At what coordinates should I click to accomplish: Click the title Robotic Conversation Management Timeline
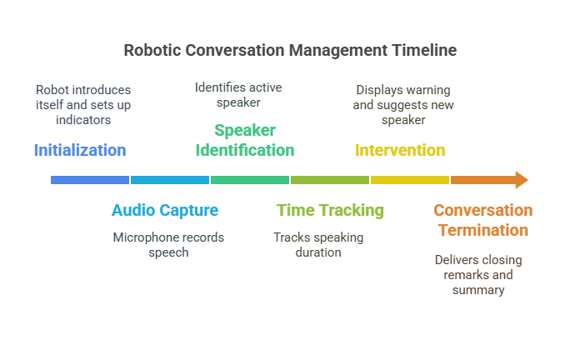[290, 50]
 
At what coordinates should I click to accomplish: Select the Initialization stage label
[80, 151]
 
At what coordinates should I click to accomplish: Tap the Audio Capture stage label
[165, 210]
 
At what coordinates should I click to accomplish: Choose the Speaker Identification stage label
[244, 140]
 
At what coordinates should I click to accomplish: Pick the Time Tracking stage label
[330, 210]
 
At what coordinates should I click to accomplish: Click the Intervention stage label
[400, 151]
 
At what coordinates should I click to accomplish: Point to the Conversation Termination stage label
[482, 220]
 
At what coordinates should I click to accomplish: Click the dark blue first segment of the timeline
[90, 179]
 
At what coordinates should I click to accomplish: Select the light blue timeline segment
[170, 179]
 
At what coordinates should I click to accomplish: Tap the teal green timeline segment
[250, 179]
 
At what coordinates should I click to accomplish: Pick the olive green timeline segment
[330, 179]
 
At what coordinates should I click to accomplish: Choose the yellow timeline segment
[410, 179]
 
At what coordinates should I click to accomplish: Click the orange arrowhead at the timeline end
[522, 179]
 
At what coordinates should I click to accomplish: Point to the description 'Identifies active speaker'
[227, 94]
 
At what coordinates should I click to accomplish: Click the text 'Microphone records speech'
[168, 245]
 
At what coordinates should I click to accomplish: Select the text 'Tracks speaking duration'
[318, 245]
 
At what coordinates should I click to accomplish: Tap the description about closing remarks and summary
[478, 275]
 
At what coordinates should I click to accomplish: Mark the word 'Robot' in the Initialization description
[51, 89]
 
